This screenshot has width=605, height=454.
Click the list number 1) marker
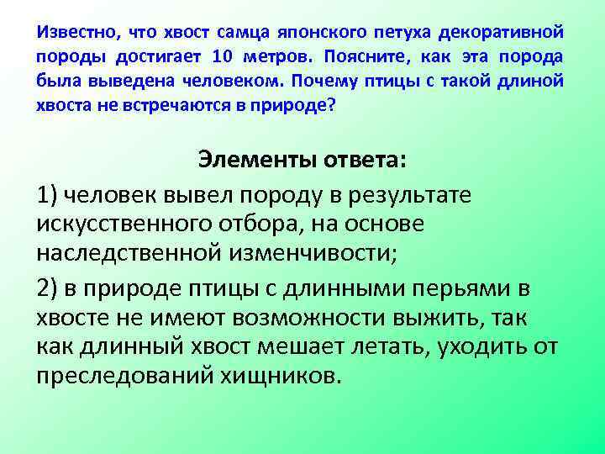click(48, 196)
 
